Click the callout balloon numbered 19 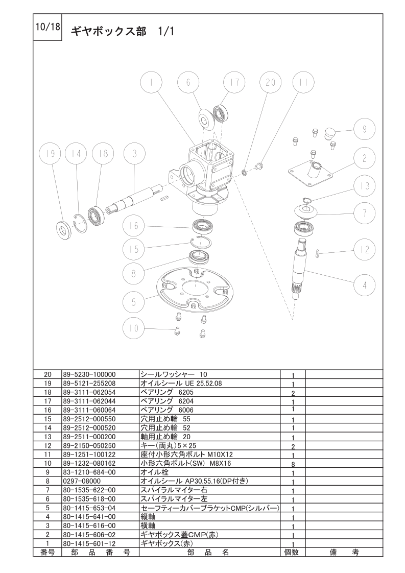point(51,154)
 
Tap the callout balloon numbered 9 point(365,129)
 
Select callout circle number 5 point(134,302)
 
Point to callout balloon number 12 point(365,250)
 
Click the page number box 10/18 point(47,28)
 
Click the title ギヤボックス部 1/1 point(123,32)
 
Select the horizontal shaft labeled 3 point(136,199)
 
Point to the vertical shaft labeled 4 point(301,269)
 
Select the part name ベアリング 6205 point(166,392)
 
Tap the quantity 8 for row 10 point(293,464)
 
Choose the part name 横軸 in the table point(148,526)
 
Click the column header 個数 point(292,552)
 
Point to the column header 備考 point(344,552)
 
